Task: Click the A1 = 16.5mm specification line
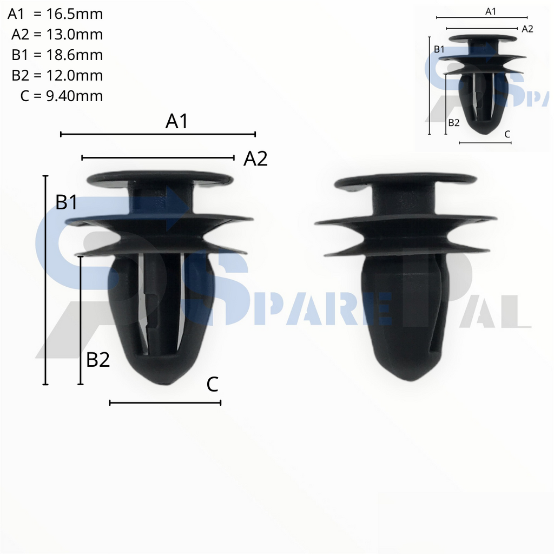pyautogui.click(x=55, y=14)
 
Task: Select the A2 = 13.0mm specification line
pyautogui.click(x=57, y=35)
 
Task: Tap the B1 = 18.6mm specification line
pyautogui.click(x=57, y=55)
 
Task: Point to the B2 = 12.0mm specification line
pyautogui.click(x=57, y=75)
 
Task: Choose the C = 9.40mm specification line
pyautogui.click(x=61, y=96)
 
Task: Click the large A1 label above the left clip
pyautogui.click(x=177, y=121)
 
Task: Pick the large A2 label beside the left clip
pyautogui.click(x=255, y=159)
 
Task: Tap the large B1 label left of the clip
pyautogui.click(x=67, y=202)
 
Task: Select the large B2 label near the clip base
pyautogui.click(x=98, y=359)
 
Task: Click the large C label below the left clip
pyautogui.click(x=212, y=385)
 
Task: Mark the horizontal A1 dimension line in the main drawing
pyautogui.click(x=157, y=134)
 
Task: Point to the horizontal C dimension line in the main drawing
pyautogui.click(x=165, y=403)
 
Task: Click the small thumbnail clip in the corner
pyautogui.click(x=482, y=81)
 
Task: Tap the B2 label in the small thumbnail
pyautogui.click(x=453, y=122)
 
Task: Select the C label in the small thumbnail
pyautogui.click(x=507, y=134)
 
